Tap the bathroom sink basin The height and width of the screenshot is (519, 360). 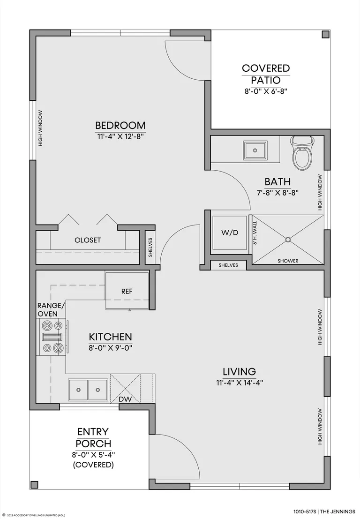(255, 150)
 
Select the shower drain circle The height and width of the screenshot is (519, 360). (288, 239)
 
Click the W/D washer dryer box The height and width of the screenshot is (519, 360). (230, 233)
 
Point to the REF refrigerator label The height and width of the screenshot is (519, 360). (127, 291)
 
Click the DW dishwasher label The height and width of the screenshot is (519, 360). (125, 399)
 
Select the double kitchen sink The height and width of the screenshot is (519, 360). (88, 390)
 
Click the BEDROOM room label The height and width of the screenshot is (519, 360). (120, 126)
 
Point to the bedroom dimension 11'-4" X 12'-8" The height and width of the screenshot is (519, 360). (120, 136)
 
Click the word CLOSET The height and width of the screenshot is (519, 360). (88, 240)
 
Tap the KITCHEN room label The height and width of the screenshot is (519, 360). (111, 337)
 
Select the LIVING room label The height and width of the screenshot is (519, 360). (239, 371)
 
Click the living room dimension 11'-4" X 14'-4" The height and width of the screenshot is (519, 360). (240, 383)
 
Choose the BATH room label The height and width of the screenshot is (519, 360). (277, 182)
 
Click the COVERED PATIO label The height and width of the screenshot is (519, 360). (266, 74)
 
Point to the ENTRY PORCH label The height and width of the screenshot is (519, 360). (93, 437)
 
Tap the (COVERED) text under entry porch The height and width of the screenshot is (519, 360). (93, 465)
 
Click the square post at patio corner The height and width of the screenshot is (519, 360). (326, 34)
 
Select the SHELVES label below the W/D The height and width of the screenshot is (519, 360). (228, 265)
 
